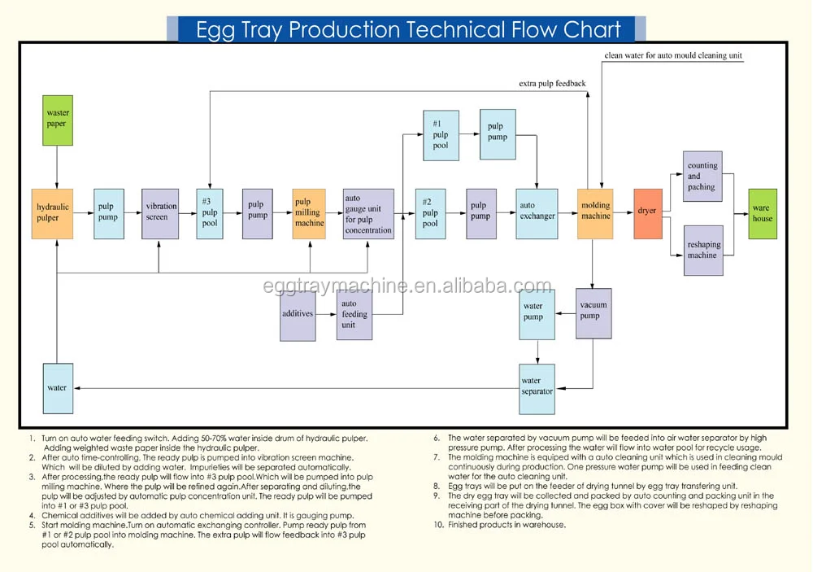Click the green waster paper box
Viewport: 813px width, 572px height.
tap(58, 120)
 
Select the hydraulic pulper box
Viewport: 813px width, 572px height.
tap(52, 214)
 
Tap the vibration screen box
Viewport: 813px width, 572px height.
tap(160, 214)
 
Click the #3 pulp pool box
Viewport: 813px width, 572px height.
tap(210, 214)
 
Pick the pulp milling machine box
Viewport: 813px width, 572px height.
tap(309, 214)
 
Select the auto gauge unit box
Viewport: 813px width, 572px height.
tap(368, 214)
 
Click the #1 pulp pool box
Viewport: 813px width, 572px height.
tap(441, 135)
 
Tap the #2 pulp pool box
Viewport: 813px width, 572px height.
tap(430, 214)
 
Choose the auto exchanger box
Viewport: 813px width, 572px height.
tap(537, 214)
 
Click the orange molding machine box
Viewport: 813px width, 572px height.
tap(595, 214)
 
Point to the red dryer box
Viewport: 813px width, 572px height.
tap(648, 214)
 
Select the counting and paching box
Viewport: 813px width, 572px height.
tap(703, 177)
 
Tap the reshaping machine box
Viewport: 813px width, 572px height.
tap(703, 250)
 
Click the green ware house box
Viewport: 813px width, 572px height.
tap(763, 214)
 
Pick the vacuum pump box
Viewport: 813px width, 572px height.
tap(593, 313)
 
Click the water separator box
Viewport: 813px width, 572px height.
tap(537, 389)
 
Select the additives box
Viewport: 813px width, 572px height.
tap(298, 316)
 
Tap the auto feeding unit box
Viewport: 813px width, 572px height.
tap(354, 315)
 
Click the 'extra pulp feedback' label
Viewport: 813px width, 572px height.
tap(552, 84)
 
